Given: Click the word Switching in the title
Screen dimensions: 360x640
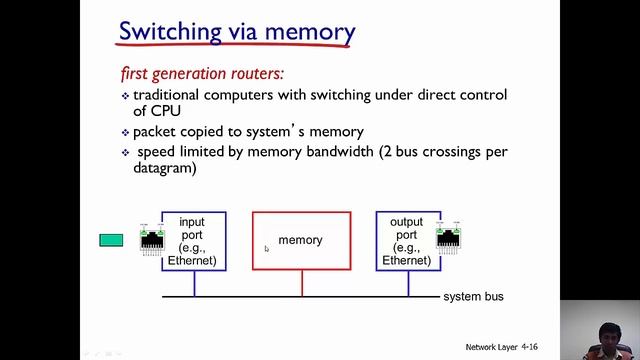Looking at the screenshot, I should point(168,30).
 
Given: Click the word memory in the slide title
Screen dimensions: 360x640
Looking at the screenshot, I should point(305,31).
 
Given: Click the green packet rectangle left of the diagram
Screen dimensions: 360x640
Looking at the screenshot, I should point(111,240).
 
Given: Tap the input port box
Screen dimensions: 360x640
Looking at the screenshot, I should point(193,241).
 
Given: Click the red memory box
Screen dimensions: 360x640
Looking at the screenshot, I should point(301,241).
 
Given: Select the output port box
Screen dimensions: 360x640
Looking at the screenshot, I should point(407,241).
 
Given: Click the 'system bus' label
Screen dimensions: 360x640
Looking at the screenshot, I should point(473,297).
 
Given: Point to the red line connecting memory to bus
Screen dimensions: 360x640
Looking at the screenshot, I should point(301,284).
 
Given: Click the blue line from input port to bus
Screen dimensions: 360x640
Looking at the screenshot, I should point(194,284).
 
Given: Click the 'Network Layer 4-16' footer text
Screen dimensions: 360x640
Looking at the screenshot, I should point(507,347).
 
